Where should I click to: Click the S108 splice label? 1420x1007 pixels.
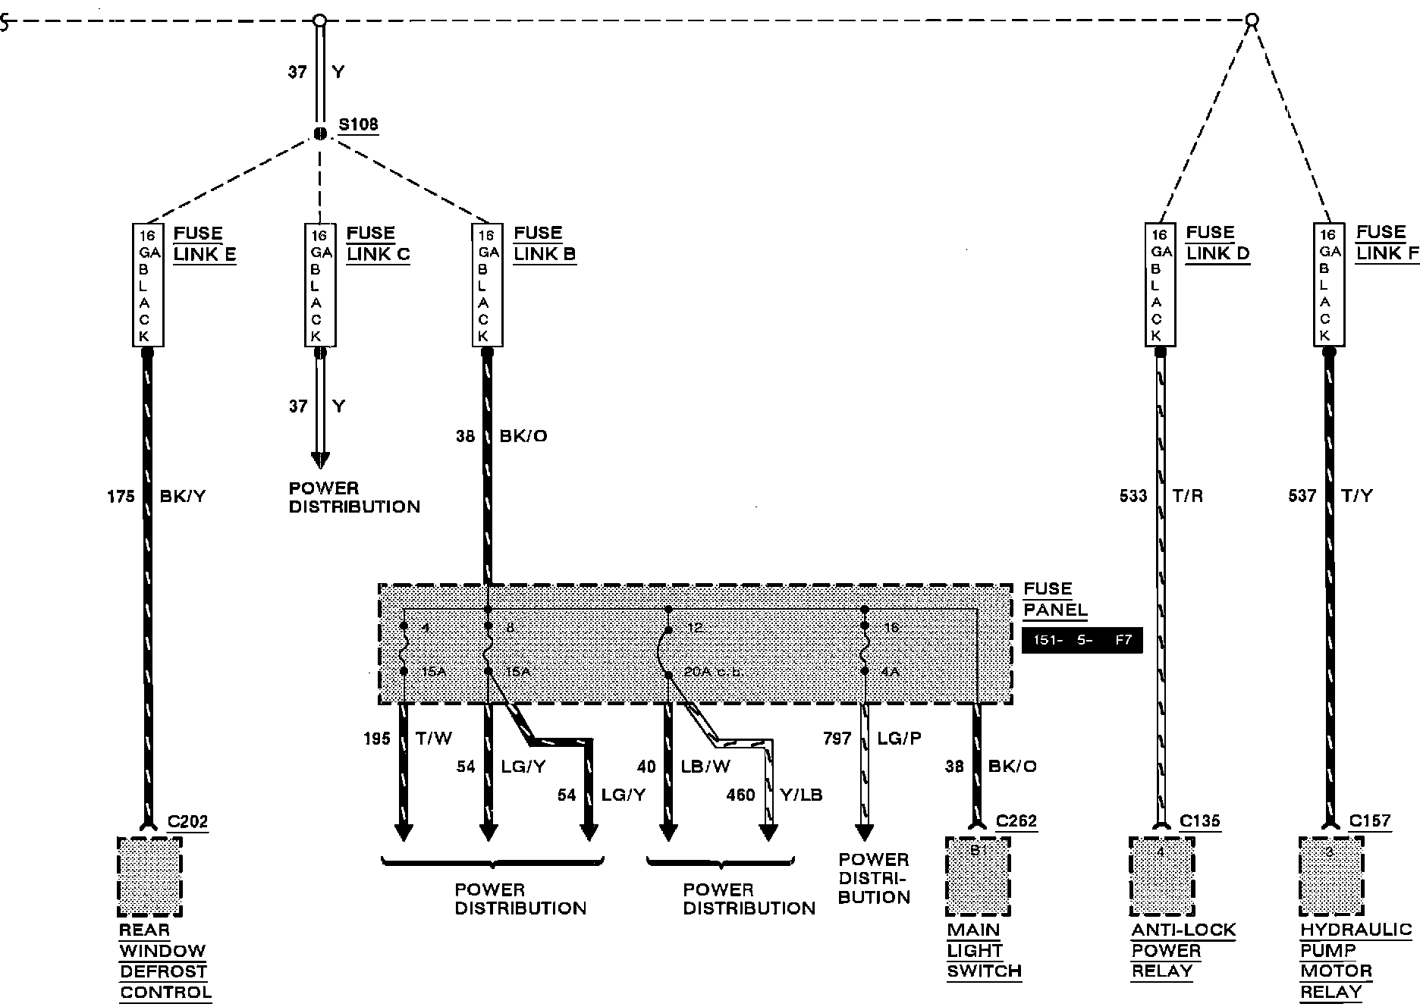coord(358,124)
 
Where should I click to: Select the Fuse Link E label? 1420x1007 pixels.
coord(204,243)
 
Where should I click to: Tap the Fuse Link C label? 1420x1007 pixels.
coord(378,243)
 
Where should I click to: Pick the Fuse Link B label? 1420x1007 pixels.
coord(545,243)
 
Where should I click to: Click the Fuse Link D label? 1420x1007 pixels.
coord(1217,243)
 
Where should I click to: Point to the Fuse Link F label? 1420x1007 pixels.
coord(1387,243)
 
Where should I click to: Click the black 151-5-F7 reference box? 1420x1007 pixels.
coord(1082,640)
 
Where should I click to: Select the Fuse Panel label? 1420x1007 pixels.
coord(1054,599)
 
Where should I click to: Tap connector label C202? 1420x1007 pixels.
coord(187,821)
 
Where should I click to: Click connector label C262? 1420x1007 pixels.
coord(1016,821)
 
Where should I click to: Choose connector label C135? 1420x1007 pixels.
coord(1200,821)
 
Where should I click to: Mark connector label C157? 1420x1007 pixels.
coord(1370,821)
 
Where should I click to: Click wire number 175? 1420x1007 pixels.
coord(121,497)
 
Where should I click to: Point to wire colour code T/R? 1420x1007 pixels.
coord(1187,496)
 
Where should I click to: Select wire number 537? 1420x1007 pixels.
coord(1302,496)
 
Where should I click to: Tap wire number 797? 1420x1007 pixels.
coord(837,738)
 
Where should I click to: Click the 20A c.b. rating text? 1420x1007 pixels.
coord(712,672)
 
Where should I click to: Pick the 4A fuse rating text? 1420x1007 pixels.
coord(890,672)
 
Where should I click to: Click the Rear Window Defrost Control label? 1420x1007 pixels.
coord(165,961)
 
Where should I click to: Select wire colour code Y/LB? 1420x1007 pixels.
coord(801,795)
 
